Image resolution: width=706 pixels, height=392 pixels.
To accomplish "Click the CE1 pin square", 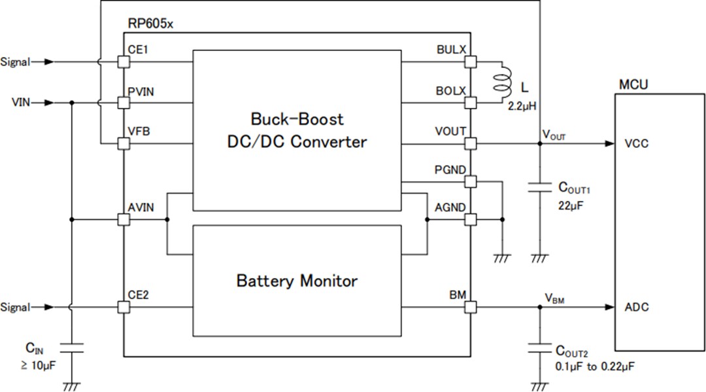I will coord(124,62).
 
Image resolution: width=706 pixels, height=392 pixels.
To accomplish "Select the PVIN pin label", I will coord(141,91).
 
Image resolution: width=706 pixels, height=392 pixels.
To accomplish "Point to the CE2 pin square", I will coord(124,307).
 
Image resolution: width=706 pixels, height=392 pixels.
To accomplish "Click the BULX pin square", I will coord(470,62).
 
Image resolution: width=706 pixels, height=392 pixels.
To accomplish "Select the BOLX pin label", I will coord(450,91).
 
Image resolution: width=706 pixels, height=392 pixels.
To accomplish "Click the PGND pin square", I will coord(470,181).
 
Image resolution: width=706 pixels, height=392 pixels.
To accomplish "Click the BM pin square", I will coord(470,307).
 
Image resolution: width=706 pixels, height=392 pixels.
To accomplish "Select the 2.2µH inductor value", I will coord(522,104).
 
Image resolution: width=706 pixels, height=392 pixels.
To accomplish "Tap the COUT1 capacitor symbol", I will coord(539,188).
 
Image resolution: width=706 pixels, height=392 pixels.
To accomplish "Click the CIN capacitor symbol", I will coord(71,347).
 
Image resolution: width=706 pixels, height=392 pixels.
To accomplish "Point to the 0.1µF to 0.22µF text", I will coord(594,367).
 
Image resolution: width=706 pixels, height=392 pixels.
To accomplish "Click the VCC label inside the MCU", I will coord(636,144).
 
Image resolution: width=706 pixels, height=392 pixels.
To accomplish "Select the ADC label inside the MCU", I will coord(636,308).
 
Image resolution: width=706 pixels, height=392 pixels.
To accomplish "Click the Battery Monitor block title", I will coord(297,281).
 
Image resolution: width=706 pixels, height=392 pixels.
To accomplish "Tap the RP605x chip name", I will coord(151,24).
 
